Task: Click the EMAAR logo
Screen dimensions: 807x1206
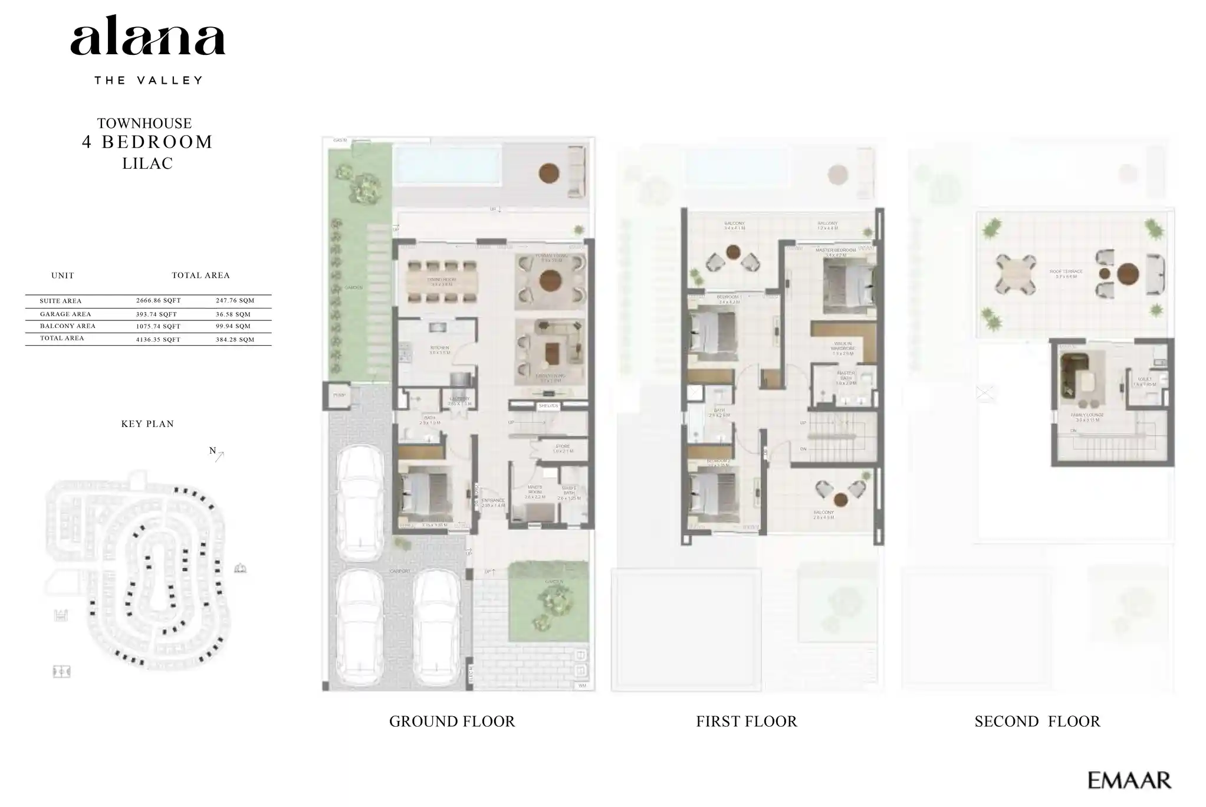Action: tap(1129, 780)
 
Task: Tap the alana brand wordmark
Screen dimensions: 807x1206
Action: tap(147, 40)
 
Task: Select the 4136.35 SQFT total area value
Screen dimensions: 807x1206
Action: tap(158, 339)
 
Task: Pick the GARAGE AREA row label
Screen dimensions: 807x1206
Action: tap(65, 314)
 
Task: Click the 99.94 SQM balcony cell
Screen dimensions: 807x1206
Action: tap(233, 326)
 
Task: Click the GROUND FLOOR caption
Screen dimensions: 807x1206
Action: tap(452, 721)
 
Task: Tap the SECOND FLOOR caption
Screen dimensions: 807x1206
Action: tap(1037, 721)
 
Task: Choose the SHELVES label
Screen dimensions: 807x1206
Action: tap(548, 406)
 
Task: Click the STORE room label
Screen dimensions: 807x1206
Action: tap(563, 448)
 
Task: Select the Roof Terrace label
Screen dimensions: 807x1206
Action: tap(1065, 273)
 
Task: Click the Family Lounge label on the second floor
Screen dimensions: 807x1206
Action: tap(1087, 416)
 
